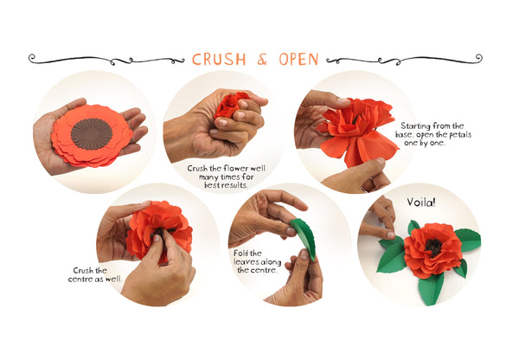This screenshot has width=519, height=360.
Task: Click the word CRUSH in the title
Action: click(219, 60)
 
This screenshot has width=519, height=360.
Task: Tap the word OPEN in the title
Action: click(298, 60)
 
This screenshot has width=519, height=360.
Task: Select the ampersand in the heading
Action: click(262, 60)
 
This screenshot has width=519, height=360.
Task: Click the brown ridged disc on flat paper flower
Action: click(92, 134)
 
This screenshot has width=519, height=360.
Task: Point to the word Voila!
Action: click(420, 202)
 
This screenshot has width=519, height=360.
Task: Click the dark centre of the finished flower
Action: click(433, 247)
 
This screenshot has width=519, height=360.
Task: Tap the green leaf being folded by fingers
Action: click(304, 238)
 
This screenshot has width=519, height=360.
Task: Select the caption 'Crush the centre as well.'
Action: click(95, 275)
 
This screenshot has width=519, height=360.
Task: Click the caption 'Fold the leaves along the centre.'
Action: click(257, 261)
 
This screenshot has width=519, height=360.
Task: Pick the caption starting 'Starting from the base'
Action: click(433, 134)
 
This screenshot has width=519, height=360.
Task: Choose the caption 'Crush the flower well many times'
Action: click(226, 177)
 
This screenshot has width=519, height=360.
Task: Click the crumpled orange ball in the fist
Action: click(231, 104)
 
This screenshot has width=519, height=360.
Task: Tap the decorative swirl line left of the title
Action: click(106, 60)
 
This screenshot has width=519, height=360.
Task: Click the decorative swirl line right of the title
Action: click(404, 60)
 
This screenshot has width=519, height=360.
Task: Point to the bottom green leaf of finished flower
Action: click(431, 288)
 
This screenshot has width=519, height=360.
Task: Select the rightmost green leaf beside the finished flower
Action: click(468, 240)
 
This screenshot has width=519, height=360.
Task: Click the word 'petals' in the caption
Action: click(459, 135)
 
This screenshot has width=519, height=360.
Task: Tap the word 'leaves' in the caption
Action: click(245, 261)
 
